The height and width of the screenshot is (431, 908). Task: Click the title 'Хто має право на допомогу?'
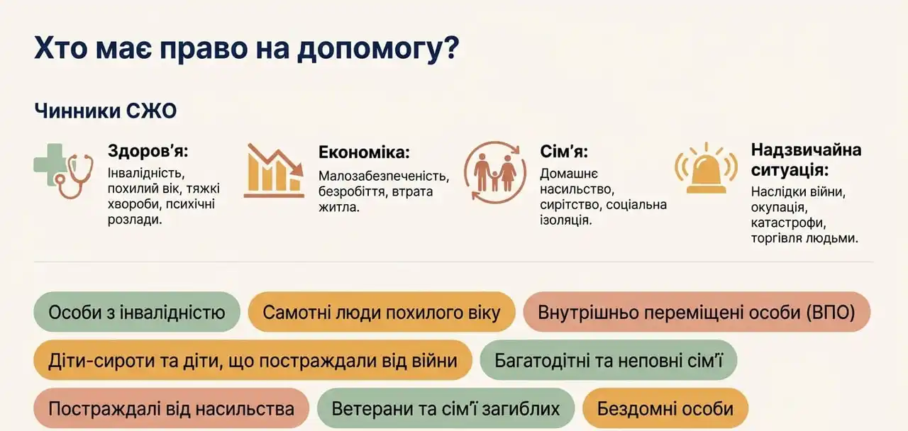[x=246, y=49]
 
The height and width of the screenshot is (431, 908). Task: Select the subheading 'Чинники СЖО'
[x=106, y=111]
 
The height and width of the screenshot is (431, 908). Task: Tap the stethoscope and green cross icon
[x=64, y=171]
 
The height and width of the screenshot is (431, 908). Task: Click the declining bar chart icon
[x=274, y=171]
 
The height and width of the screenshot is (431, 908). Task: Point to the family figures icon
[x=495, y=172]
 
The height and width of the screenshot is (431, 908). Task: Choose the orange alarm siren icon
[x=706, y=168]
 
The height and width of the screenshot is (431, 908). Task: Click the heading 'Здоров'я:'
[x=148, y=152]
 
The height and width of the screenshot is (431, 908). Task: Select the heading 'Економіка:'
[x=364, y=152]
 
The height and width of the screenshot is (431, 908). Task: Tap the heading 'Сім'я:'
[x=564, y=152]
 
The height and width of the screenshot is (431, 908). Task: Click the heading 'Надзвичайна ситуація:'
[x=806, y=159]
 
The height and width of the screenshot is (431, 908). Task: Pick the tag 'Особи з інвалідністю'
[x=137, y=312]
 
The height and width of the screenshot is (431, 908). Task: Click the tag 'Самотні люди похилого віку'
[x=382, y=312]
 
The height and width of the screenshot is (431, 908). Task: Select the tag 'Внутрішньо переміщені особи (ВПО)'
[x=697, y=312]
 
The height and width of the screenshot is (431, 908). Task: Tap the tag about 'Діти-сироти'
[x=253, y=360]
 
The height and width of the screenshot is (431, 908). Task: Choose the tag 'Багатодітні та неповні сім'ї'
[x=609, y=360]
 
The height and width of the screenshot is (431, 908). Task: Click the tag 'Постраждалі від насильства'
[x=172, y=408]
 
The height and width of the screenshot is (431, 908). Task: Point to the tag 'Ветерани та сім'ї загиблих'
[x=446, y=408]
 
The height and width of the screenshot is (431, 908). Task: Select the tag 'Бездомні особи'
[x=665, y=408]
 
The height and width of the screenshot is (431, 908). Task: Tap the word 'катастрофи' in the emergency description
[x=788, y=223]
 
